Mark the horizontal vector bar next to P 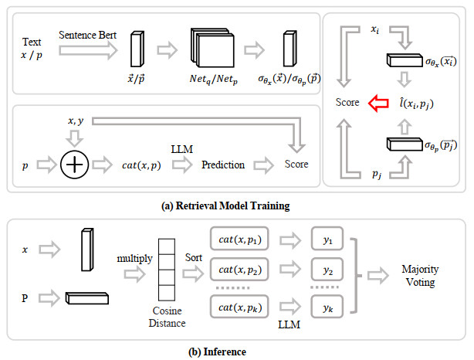tap(86, 297)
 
